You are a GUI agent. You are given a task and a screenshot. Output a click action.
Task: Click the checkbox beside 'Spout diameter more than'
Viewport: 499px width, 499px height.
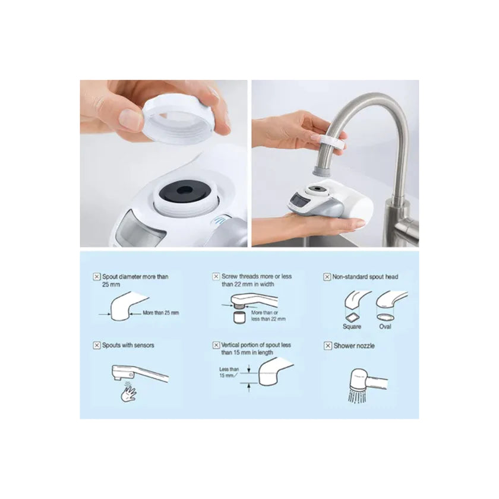(97, 277)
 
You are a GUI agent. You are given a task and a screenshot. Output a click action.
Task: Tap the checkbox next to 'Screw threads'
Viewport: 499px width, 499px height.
(216, 277)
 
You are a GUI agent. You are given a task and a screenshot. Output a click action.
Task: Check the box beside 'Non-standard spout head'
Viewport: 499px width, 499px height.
(327, 277)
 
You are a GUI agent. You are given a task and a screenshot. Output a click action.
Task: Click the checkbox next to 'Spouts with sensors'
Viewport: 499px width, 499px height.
(97, 345)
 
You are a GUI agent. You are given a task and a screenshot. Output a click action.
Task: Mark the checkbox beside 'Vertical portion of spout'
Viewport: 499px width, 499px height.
(216, 345)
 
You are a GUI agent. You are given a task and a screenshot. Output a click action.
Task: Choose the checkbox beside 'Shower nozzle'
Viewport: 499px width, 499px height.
(327, 346)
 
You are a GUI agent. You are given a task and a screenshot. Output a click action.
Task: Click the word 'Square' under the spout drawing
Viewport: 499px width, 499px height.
(352, 327)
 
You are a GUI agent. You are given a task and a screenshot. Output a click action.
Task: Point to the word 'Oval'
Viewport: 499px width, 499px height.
(385, 327)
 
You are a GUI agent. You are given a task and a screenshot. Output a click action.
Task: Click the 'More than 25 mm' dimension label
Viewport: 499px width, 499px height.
(161, 313)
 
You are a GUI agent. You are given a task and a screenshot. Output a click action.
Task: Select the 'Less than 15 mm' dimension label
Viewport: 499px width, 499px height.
(229, 372)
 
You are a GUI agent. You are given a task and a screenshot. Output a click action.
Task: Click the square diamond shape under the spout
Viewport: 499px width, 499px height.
(352, 317)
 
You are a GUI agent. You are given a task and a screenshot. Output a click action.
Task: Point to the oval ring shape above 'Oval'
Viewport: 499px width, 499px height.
(385, 317)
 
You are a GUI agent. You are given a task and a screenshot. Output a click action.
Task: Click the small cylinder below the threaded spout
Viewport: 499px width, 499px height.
(239, 318)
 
